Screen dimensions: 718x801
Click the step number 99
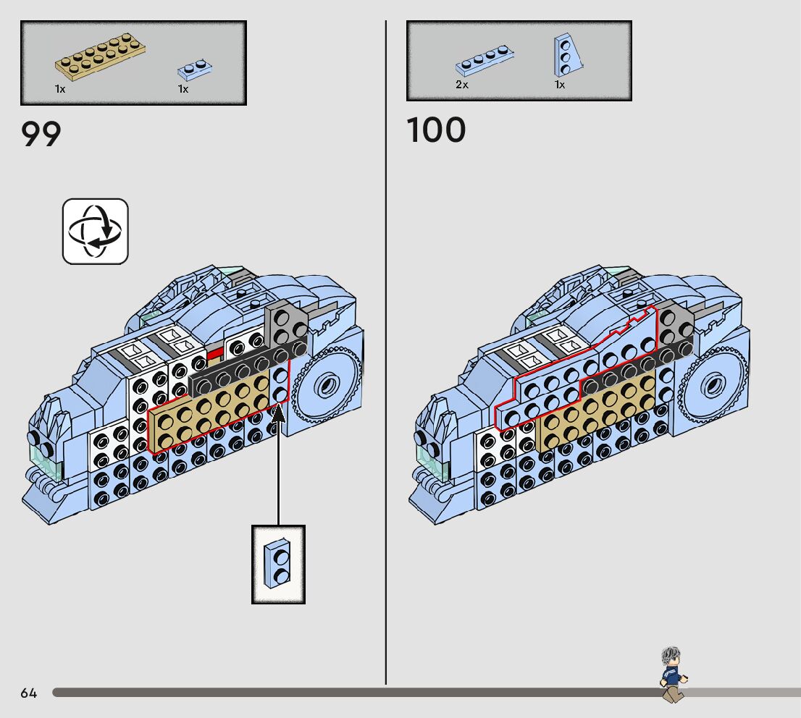coord(41,134)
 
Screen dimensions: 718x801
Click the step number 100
coord(436,131)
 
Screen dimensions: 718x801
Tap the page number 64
coord(28,693)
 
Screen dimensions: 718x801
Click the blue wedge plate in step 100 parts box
coord(569,55)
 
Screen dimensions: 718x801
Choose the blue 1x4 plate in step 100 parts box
coord(485,62)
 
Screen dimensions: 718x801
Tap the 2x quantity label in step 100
coord(462,85)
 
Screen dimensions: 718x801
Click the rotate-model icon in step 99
coord(96,231)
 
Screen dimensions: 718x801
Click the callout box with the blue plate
coord(278,565)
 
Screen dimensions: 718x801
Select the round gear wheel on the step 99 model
coord(327,383)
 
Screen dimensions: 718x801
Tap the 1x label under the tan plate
coord(60,89)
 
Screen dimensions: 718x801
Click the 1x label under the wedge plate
coord(560,85)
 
